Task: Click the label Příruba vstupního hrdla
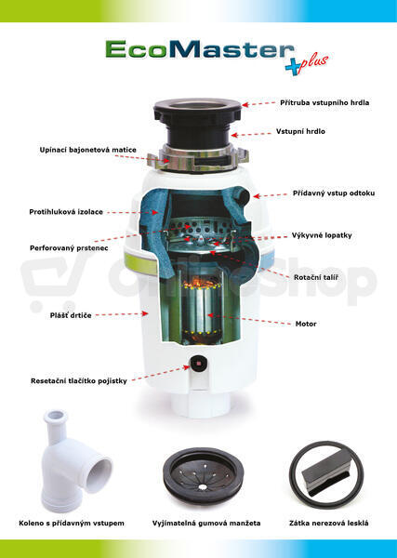click(324, 103)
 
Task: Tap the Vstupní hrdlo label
click(300, 131)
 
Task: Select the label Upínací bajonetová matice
click(88, 150)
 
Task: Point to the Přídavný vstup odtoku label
click(334, 193)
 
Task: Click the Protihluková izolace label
click(66, 212)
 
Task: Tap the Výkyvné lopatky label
click(322, 235)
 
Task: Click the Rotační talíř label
click(316, 277)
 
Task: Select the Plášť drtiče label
click(71, 315)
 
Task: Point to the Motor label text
click(306, 324)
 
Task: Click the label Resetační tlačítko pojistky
click(79, 380)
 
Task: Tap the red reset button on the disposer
click(197, 364)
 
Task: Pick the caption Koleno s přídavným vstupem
click(72, 523)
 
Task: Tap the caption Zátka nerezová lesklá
click(329, 523)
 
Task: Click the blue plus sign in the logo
click(294, 67)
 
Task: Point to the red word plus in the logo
click(314, 63)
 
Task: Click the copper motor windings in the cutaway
click(202, 284)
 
